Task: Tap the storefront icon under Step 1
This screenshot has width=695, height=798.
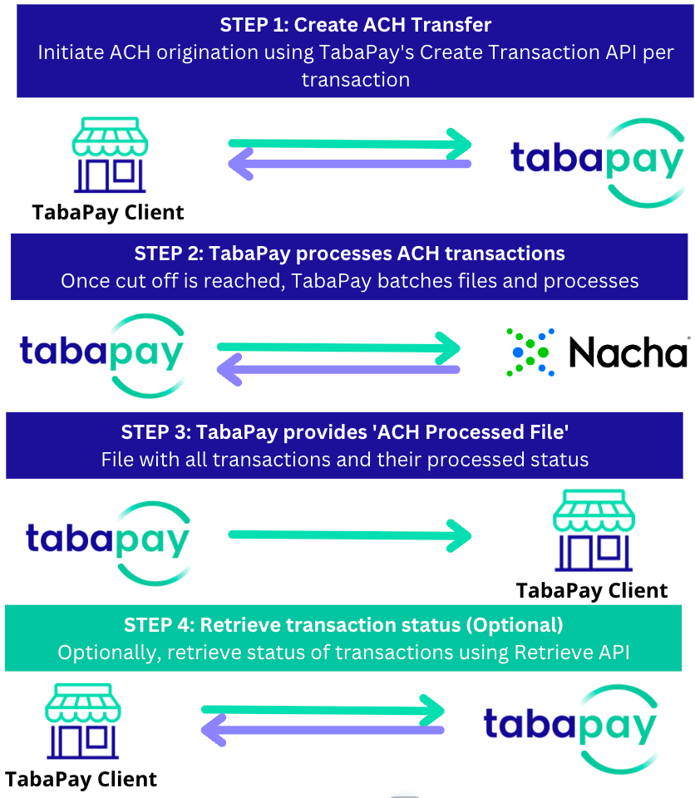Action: (x=110, y=155)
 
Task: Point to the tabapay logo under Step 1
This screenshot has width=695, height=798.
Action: (x=595, y=162)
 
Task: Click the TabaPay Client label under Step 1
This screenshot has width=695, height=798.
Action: (x=108, y=212)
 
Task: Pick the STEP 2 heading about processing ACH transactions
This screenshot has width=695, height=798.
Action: (x=349, y=254)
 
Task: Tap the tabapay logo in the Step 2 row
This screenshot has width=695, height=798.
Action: (x=101, y=353)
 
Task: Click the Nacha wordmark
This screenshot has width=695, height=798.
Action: (x=628, y=353)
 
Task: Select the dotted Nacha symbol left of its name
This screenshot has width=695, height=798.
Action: (x=530, y=353)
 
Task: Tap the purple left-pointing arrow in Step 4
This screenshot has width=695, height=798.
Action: (x=323, y=731)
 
